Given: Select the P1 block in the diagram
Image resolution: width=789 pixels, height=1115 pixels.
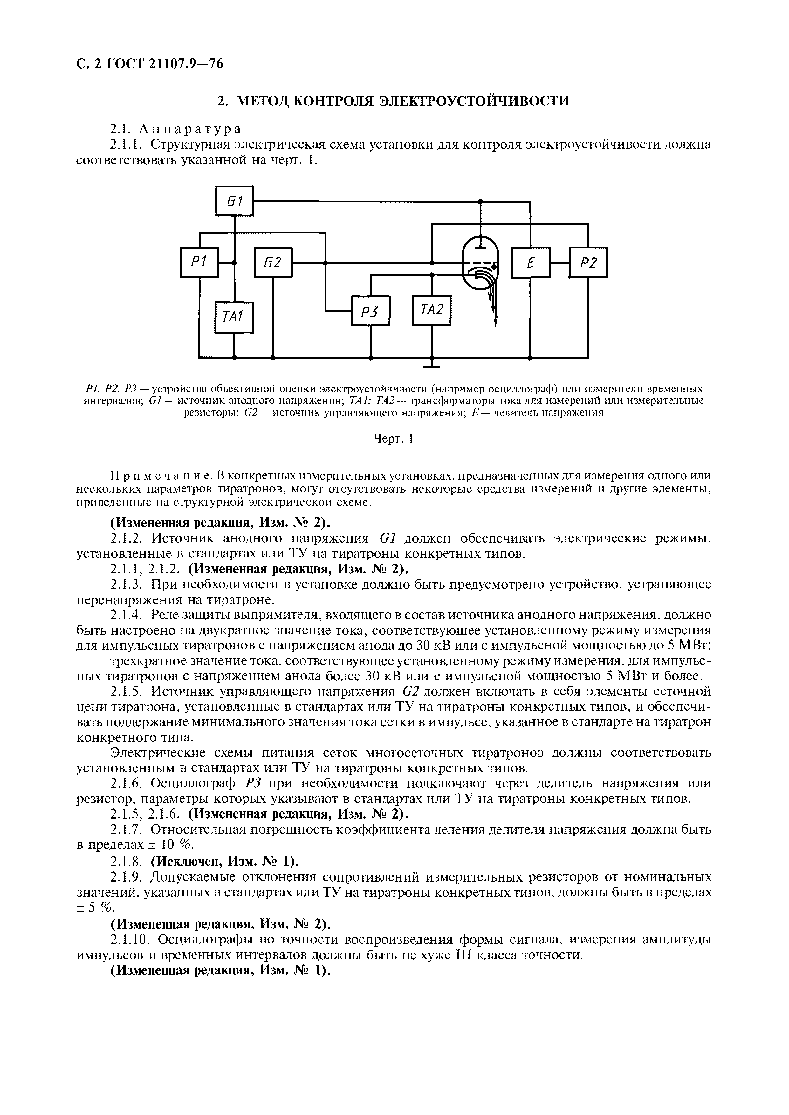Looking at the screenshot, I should pos(199,263).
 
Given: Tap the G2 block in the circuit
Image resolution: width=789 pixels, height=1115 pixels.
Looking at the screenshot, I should pos(273,263).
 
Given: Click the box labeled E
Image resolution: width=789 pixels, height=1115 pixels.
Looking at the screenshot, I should pos(531,263).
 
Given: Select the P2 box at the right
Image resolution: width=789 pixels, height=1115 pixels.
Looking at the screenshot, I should pos(588,263).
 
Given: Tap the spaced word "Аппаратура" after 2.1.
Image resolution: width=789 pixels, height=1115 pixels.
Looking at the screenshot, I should pos(190,129).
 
